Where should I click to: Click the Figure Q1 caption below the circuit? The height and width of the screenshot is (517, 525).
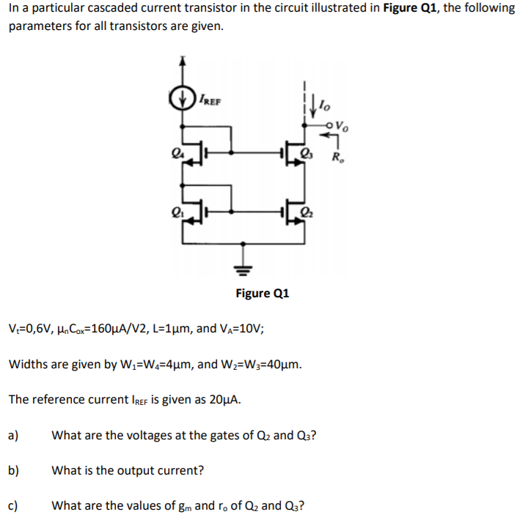262,294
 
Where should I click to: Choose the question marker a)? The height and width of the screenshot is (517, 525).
13,435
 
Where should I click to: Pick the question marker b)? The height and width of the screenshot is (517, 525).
13,470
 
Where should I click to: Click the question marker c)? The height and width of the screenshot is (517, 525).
13,505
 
